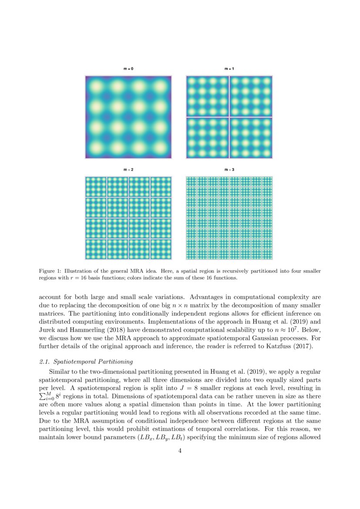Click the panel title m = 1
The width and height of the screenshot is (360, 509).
(x=229, y=69)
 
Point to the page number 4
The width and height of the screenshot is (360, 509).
(x=180, y=451)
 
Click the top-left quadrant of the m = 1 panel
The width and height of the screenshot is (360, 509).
(x=207, y=96)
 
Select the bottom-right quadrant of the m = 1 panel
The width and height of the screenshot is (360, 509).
(x=250, y=138)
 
